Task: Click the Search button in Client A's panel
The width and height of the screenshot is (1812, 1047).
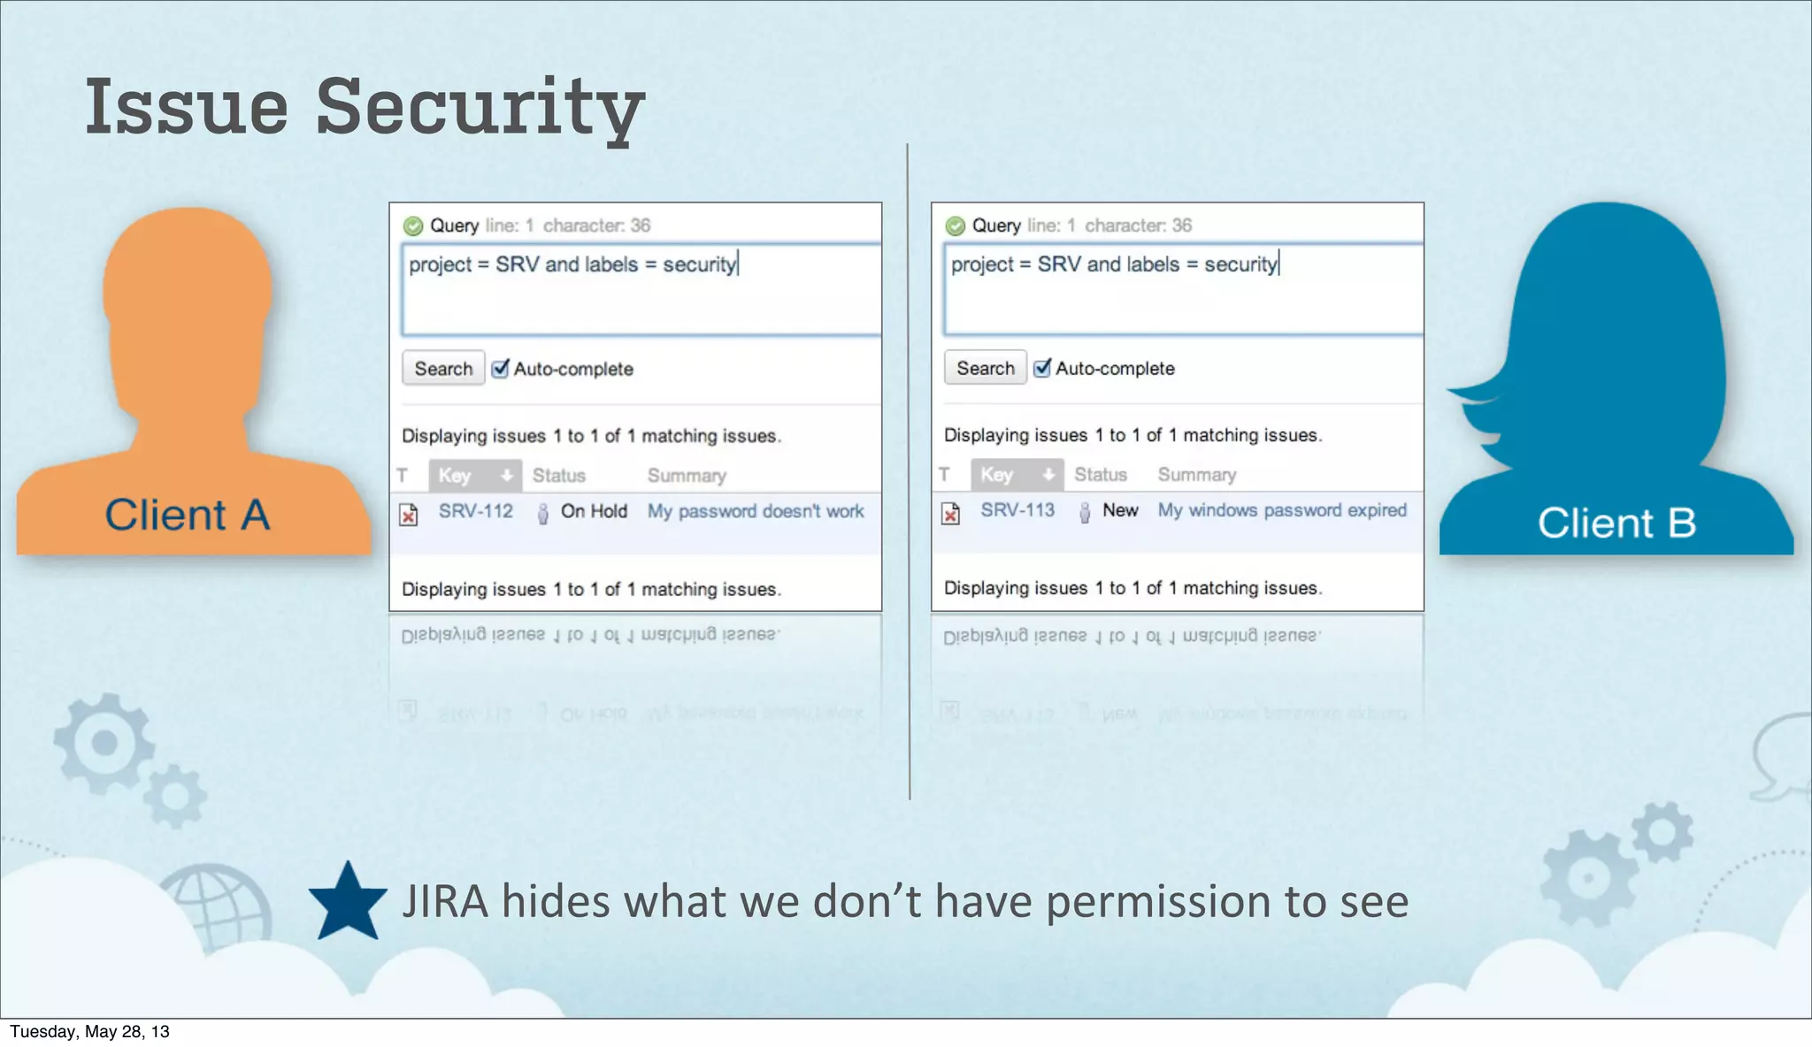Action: click(x=443, y=369)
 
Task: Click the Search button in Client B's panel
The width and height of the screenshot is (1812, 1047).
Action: click(x=985, y=368)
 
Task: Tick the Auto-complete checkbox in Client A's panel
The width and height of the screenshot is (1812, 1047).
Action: click(x=501, y=369)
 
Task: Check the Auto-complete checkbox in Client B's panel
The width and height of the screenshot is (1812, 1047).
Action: click(x=1042, y=368)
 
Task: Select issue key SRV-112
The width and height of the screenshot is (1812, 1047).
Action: click(x=476, y=511)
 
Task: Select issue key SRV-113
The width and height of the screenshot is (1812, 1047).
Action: click(x=1017, y=510)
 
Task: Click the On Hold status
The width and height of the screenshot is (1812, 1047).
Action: click(x=594, y=511)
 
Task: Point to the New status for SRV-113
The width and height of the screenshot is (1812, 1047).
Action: click(x=1120, y=510)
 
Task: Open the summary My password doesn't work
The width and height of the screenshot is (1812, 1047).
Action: click(x=756, y=511)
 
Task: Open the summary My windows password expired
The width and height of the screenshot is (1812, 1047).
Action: click(x=1282, y=510)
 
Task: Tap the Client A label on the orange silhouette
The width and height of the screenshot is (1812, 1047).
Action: click(x=187, y=515)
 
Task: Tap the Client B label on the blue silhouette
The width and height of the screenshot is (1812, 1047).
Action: click(x=1616, y=523)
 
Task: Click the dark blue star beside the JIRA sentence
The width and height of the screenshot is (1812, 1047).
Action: click(x=348, y=903)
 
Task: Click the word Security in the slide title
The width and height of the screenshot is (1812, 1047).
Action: click(x=480, y=108)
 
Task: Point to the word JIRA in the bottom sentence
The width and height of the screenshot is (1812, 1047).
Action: click(x=445, y=902)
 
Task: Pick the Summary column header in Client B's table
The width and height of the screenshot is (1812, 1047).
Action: click(x=1197, y=475)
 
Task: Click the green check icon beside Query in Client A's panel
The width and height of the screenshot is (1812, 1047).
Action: click(x=413, y=226)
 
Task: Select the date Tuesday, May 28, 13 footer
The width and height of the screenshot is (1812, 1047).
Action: click(x=89, y=1032)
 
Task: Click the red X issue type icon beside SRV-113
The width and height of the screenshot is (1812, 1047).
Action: click(x=950, y=513)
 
